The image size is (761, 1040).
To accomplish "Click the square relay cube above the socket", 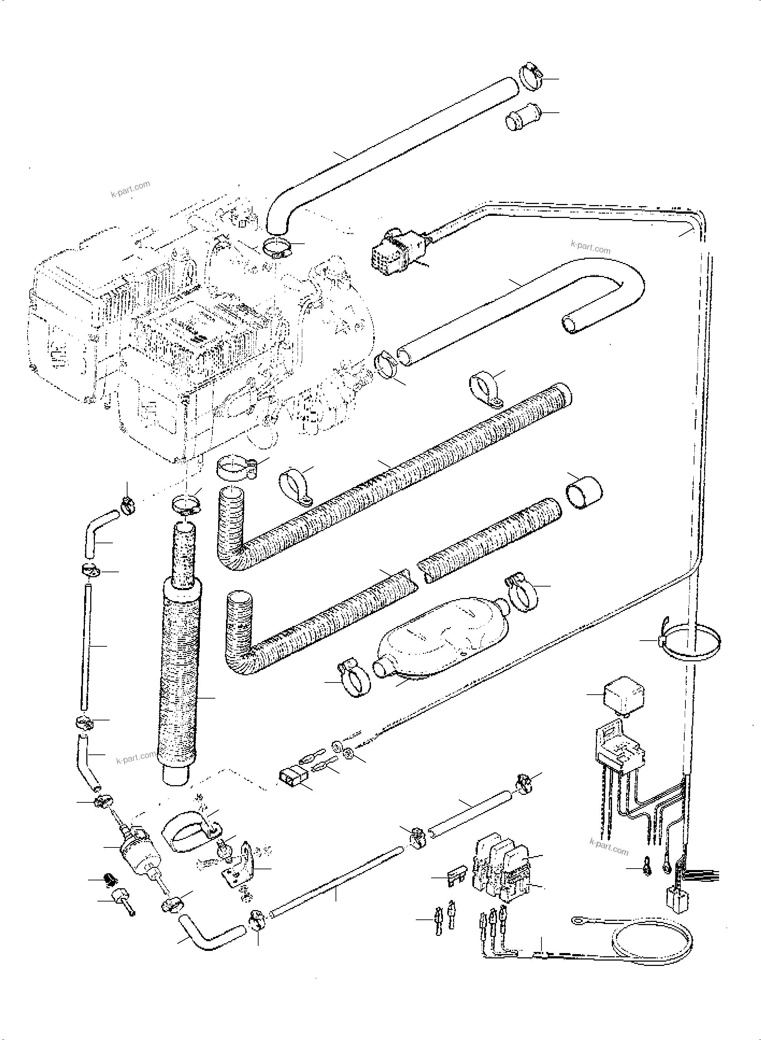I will (624, 697).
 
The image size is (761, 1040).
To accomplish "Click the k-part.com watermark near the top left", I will (130, 189).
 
